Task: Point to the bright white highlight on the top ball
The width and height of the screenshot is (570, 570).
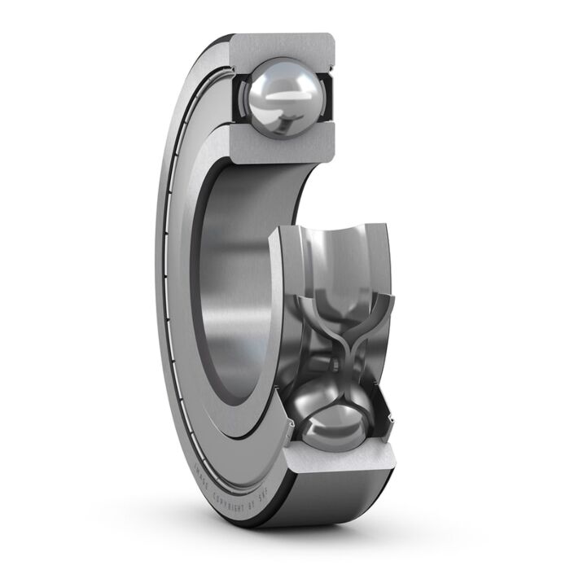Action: [x=287, y=85]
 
